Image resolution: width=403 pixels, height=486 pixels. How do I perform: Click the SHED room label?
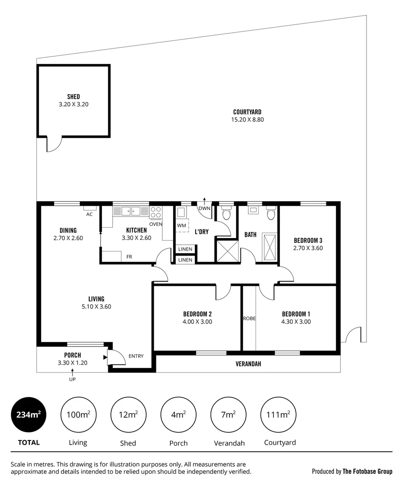pyautogui.click(x=73, y=97)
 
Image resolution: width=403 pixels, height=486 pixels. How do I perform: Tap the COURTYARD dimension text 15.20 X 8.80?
pyautogui.click(x=247, y=120)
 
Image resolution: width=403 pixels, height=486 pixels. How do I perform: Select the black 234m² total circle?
pyautogui.click(x=28, y=414)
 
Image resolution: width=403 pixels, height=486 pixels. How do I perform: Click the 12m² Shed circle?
pyautogui.click(x=128, y=414)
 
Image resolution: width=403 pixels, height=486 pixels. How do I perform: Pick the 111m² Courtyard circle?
pyautogui.click(x=279, y=414)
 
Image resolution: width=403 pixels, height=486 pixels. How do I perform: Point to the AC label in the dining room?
pyautogui.click(x=89, y=214)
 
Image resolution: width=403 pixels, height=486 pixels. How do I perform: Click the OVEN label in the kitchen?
pyautogui.click(x=156, y=224)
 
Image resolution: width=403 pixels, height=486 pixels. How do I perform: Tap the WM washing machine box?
pyautogui.click(x=182, y=225)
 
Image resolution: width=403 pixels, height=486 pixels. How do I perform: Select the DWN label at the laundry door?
pyautogui.click(x=204, y=208)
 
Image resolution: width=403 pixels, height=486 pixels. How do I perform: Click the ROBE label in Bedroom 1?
pyautogui.click(x=249, y=318)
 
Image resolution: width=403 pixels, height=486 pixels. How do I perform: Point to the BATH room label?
pyautogui.click(x=250, y=234)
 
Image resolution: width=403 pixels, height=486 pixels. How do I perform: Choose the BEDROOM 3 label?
pyautogui.click(x=308, y=240)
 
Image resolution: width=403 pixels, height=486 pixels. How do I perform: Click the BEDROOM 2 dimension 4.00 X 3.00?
pyautogui.click(x=197, y=322)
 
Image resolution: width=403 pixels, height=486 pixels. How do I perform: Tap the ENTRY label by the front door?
pyautogui.click(x=136, y=356)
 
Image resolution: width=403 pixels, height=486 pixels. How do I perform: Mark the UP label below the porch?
pyautogui.click(x=72, y=379)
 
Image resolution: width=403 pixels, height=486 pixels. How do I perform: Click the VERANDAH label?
pyautogui.click(x=248, y=364)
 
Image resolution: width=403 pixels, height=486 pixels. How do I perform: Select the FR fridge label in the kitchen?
pyautogui.click(x=129, y=257)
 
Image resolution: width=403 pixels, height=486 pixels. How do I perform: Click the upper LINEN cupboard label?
pyautogui.click(x=185, y=249)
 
